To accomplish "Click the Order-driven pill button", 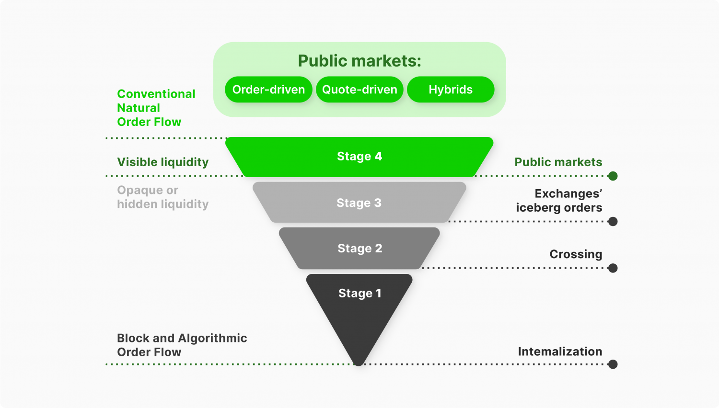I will pos(268,90).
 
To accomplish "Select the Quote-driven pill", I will pos(359,90).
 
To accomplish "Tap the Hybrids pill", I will pos(451,90).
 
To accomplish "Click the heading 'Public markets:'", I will pos(359,61).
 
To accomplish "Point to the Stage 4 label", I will pos(359,157).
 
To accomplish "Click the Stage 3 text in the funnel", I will pos(359,203).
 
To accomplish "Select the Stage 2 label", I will pos(359,249).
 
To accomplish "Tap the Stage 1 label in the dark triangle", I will pos(359,294).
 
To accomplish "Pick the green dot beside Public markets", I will pos(613,176).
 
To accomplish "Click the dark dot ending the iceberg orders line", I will pos(613,221).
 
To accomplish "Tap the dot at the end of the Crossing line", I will pos(613,268).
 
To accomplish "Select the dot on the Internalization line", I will pos(613,364).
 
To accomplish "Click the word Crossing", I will pos(575,254).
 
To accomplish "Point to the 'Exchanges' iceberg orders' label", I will pos(559,201).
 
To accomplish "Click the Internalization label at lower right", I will pos(560,351).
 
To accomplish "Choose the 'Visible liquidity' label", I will pos(162,162).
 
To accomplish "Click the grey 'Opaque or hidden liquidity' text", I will pos(162,197).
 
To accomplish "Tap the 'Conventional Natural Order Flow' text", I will pos(156,108).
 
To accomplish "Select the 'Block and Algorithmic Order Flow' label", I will pos(182,345).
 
